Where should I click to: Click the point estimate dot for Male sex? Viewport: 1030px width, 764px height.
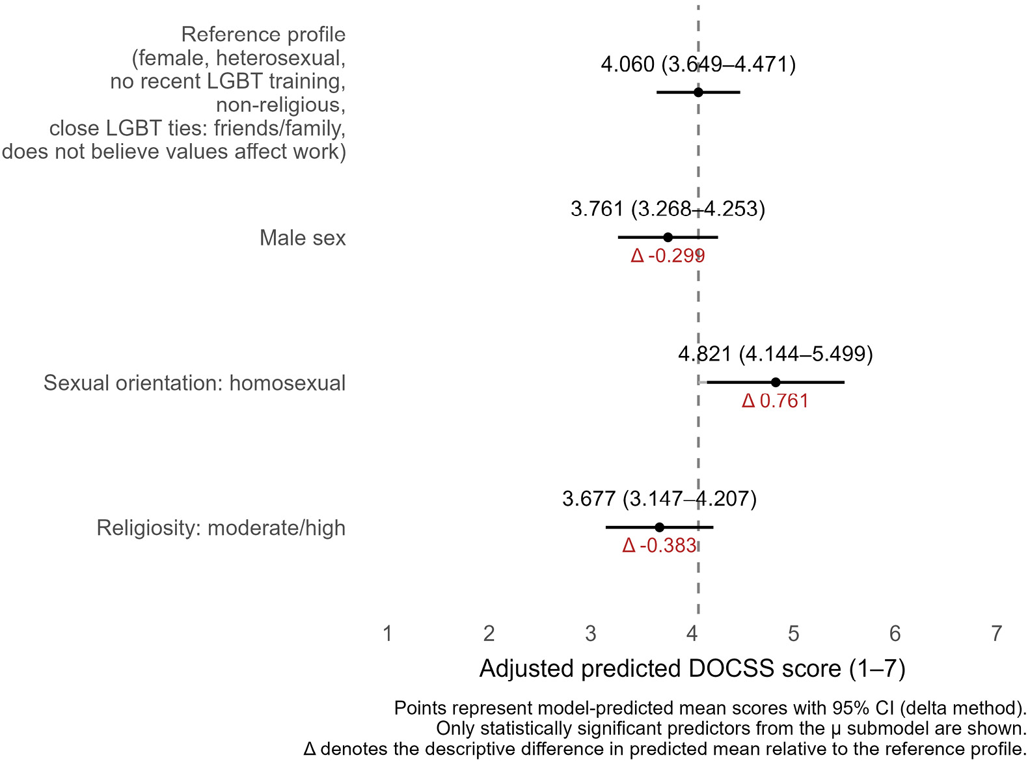[668, 237]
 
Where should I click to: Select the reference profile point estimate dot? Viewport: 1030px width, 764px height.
[698, 92]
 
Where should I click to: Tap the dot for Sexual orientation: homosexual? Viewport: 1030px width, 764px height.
[775, 382]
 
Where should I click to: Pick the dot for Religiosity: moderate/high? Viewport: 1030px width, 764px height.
[659, 527]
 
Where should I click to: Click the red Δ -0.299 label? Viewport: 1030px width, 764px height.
[668, 256]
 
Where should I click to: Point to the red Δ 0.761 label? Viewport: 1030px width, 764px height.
[775, 401]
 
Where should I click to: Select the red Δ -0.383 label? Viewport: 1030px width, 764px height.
[659, 545]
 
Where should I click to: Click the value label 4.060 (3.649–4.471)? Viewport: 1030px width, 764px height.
[698, 64]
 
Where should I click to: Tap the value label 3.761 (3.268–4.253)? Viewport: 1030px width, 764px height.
[668, 209]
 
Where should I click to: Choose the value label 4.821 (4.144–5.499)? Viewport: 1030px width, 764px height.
[775, 354]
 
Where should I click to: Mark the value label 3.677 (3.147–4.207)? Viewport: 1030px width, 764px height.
[659, 499]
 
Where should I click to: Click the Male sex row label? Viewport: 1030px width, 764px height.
[303, 238]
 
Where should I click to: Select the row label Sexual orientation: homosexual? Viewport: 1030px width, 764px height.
[195, 383]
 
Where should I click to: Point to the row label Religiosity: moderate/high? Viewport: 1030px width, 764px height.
[221, 528]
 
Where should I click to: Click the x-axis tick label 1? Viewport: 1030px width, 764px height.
[388, 633]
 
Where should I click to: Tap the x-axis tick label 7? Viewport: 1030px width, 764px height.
[996, 633]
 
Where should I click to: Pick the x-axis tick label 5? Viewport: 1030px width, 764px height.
[793, 633]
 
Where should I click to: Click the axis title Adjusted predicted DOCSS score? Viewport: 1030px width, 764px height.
[692, 669]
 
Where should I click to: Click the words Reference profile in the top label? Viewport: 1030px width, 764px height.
[264, 34]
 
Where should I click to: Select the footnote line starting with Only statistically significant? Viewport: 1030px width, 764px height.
[731, 728]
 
